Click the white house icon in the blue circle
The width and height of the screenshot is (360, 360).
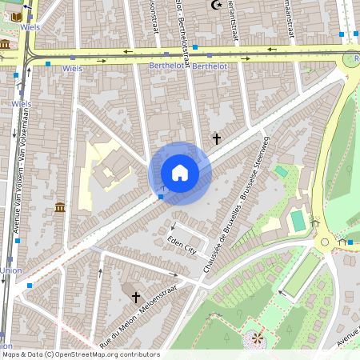tap(180, 173)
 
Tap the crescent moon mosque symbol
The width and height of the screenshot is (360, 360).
tap(214, 5)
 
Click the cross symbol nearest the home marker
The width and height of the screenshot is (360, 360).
tap(216, 138)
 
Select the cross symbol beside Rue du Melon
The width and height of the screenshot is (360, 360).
tap(136, 297)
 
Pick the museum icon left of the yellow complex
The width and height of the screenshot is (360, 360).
tap(60, 208)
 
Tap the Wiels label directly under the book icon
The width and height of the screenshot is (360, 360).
tap(22, 104)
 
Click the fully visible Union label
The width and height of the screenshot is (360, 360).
tap(10, 270)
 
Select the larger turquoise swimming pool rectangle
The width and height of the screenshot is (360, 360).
tap(298, 219)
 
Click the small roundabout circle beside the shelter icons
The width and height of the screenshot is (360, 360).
tap(325, 242)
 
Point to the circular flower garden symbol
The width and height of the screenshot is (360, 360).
tap(257, 339)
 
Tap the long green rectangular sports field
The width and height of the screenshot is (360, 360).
tap(302, 273)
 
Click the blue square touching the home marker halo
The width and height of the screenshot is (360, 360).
tap(162, 195)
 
